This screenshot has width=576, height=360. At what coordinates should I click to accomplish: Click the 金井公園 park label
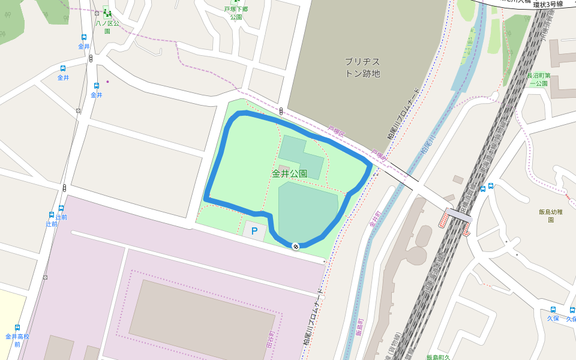(x=289, y=174)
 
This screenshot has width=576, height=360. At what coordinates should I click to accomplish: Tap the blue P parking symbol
(x=254, y=230)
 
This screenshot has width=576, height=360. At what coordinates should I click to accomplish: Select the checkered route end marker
(x=295, y=246)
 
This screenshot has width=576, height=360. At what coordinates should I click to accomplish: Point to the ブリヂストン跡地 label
(x=362, y=67)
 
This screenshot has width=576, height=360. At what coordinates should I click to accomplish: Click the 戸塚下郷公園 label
(x=236, y=13)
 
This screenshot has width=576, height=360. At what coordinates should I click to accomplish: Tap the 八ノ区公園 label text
(x=107, y=27)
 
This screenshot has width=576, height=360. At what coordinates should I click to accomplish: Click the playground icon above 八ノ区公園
(x=107, y=11)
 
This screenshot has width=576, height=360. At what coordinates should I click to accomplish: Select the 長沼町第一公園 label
(x=538, y=79)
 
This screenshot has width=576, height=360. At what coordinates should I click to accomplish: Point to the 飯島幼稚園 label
(x=550, y=215)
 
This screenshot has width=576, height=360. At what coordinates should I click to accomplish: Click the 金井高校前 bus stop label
(x=17, y=340)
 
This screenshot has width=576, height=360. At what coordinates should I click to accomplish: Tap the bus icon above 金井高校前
(x=17, y=328)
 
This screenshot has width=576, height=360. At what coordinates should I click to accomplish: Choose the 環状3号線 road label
(x=548, y=4)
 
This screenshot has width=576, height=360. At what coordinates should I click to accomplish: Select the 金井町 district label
(x=375, y=218)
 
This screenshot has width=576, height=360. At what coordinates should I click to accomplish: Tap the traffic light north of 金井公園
(x=281, y=111)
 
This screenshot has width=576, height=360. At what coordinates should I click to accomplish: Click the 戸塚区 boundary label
(x=335, y=131)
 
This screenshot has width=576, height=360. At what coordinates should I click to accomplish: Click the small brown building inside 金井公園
(x=284, y=167)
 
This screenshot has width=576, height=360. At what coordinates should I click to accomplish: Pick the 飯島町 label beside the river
(x=359, y=328)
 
